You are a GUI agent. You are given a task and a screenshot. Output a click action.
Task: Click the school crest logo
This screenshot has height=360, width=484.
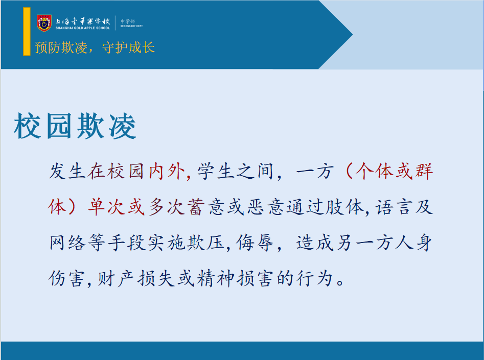click(x=44, y=23)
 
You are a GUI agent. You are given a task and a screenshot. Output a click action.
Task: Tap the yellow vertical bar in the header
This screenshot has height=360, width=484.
click(x=27, y=32)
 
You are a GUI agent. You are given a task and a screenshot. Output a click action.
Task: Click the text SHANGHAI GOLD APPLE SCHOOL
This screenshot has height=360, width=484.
click(x=83, y=28)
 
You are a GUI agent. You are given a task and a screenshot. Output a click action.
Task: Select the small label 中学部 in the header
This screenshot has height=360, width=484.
click(x=128, y=21)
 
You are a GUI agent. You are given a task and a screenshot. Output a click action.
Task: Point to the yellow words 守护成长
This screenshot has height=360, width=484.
click(x=128, y=47)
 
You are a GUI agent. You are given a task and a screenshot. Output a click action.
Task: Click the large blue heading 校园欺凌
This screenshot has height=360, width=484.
click(x=75, y=126)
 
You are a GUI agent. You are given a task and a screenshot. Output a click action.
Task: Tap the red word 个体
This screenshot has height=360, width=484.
click(x=375, y=171)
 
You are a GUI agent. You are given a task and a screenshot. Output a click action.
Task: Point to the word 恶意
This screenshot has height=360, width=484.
click(x=266, y=207)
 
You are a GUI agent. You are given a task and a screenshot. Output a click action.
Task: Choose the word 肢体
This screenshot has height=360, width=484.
click(x=345, y=207)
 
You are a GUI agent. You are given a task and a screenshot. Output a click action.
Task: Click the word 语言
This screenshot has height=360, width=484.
click(x=393, y=207)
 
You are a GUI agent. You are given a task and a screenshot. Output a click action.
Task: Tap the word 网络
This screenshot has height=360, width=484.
click(x=67, y=243)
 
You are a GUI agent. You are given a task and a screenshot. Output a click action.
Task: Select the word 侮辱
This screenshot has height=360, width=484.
click(x=255, y=243)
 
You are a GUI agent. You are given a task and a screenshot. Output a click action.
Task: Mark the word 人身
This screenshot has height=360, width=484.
click(x=414, y=243)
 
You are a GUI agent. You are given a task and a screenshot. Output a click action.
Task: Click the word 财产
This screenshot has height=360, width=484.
click(x=116, y=278)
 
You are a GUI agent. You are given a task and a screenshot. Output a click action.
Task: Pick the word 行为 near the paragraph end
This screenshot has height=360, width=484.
click(x=314, y=278)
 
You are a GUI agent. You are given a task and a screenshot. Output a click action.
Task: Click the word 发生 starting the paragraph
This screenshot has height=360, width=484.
click(x=67, y=172)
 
